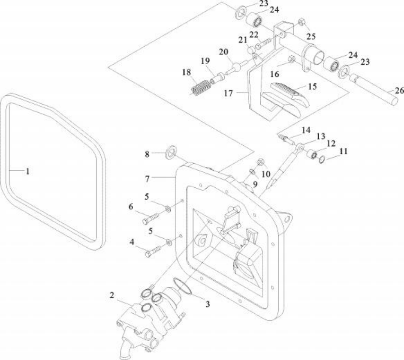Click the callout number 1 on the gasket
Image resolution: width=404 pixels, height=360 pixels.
coord(27,171)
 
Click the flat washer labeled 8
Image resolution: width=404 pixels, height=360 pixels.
coord(172,152)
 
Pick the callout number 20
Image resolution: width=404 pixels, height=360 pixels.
coord(223,52)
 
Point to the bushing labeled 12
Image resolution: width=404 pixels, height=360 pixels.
coord(312,153)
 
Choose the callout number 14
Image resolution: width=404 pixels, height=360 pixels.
coord(306,129)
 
